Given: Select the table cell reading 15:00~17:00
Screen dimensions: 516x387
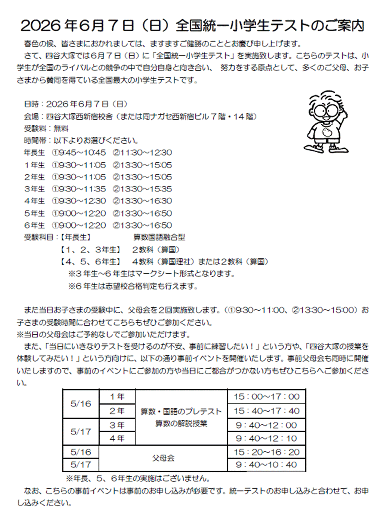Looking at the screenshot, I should coord(266,397).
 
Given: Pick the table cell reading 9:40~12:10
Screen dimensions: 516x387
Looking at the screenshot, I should coord(266,438).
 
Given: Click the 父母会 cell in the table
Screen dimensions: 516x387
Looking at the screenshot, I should coord(163,458).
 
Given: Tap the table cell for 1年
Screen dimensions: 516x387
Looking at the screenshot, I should coord(117,397).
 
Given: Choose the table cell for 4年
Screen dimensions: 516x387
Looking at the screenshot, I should coord(117,438).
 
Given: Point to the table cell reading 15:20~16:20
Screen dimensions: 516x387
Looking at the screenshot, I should coord(266,452).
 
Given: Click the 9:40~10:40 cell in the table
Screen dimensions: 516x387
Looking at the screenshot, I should coord(266,465).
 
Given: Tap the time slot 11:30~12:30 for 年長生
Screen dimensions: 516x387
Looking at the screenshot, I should coord(142,153).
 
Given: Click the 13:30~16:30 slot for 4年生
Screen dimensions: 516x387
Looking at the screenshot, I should coord(142,201).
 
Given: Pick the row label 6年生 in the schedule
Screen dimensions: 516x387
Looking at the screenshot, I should coord(34,226).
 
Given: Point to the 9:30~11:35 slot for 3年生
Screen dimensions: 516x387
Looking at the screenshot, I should coord(79,189).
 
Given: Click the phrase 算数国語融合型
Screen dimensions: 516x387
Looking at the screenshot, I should coord(159,238).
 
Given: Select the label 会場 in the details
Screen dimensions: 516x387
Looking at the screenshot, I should coord(31,116).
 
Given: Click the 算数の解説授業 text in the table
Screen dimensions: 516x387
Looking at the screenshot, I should coord(181,424).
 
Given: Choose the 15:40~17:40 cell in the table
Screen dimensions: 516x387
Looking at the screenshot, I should coord(266,411).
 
